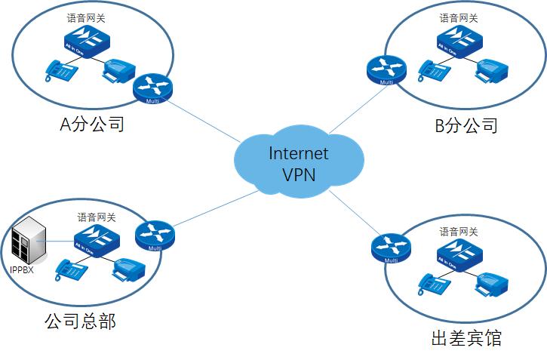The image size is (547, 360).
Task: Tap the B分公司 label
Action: tap(466, 125)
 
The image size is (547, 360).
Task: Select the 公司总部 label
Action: tap(80, 322)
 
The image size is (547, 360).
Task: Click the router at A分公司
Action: tap(152, 88)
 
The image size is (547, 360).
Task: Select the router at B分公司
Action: tap(386, 70)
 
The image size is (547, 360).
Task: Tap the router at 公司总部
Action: tap(155, 236)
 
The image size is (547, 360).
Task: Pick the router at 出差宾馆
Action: tap(391, 248)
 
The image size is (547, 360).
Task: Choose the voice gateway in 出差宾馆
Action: tap(458, 253)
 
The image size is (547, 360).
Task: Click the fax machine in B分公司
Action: tap(491, 69)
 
